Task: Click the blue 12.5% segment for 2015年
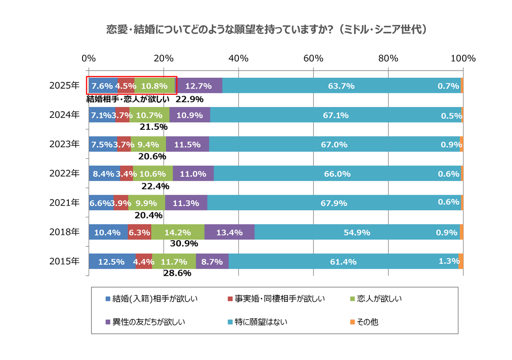click(112, 261)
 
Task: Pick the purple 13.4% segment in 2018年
click(229, 232)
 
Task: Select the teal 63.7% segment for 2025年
click(341, 86)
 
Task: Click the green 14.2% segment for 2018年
click(178, 232)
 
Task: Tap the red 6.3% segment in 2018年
click(139, 232)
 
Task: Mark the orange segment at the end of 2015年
click(461, 261)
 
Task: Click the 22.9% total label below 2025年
click(190, 99)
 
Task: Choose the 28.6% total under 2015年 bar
click(177, 273)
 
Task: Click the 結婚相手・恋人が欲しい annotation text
click(128, 99)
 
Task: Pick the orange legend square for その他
click(352, 322)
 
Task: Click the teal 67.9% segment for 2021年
click(334, 203)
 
